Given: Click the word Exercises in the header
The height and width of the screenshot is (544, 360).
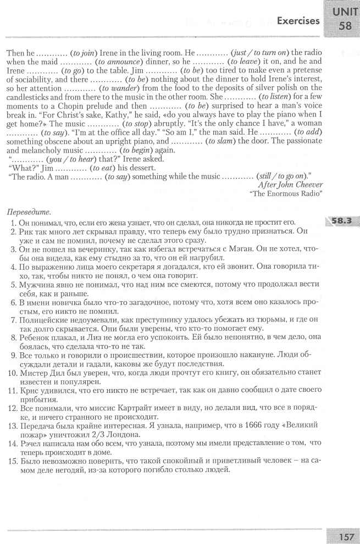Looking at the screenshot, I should coord(298,21).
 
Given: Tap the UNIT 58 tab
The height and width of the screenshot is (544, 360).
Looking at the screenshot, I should coord(342,19).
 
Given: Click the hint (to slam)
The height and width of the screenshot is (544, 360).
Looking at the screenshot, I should coord(220,141).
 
